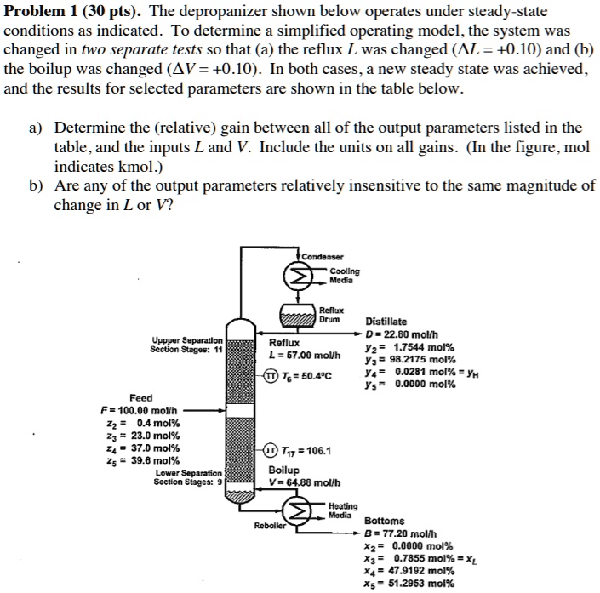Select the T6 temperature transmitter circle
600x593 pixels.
(x=271, y=376)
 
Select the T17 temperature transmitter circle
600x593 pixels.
(x=271, y=451)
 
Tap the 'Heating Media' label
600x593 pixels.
(x=343, y=511)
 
